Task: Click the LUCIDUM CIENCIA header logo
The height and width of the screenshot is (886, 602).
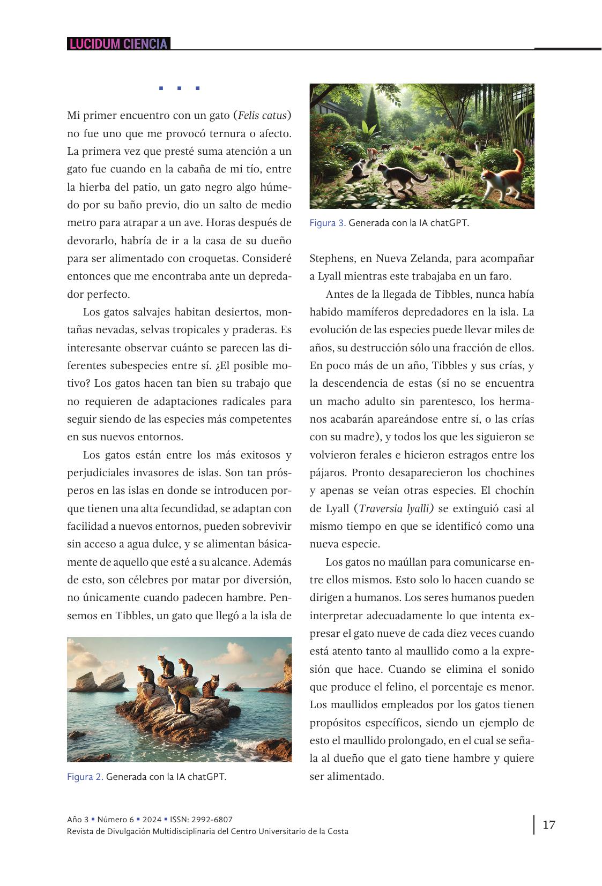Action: coord(118,44)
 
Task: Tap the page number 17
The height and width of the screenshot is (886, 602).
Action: coord(549,824)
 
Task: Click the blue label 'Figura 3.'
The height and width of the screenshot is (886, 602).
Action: coord(328,223)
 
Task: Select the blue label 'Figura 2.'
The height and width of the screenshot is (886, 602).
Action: coord(85,777)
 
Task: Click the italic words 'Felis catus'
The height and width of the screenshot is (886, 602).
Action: coord(263,115)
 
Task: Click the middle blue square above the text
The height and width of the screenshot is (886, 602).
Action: coord(179,88)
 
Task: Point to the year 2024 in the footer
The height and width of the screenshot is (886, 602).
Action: coord(152,820)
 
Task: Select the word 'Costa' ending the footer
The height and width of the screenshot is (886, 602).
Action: coord(337,831)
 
